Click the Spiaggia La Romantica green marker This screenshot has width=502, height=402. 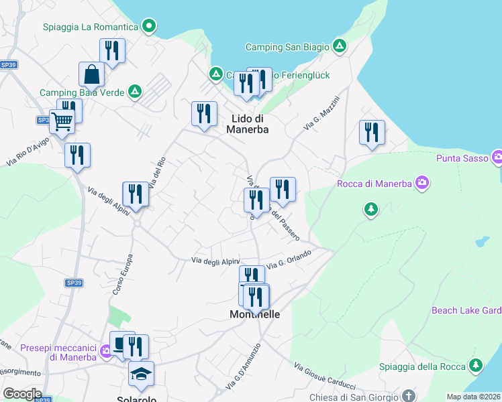pos(150,27)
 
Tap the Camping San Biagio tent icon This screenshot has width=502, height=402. pos(340,47)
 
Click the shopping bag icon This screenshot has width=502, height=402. pos(91,74)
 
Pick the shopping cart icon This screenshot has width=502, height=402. pos(62,122)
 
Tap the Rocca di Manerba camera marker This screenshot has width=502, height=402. pos(421,182)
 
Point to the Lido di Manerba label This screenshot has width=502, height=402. pos(250,124)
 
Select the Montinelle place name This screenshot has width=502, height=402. pos(255,314)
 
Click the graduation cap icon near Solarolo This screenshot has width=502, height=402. pos(141,375)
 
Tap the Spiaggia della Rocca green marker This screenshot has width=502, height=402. pos(476,365)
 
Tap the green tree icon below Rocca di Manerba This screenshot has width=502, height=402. pos(370,210)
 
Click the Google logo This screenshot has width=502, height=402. pos(22,394)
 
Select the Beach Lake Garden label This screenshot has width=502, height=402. pos(466,311)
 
